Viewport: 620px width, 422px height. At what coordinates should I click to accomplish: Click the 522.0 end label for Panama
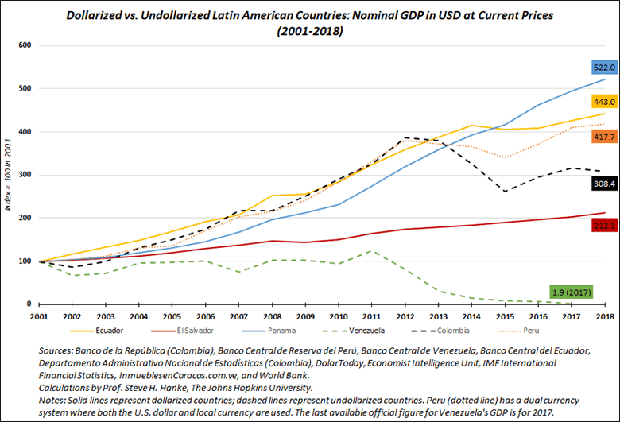603,68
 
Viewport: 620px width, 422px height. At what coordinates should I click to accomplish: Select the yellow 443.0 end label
603,102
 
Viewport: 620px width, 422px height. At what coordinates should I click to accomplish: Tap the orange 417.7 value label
603,137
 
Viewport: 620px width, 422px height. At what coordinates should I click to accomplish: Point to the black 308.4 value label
603,184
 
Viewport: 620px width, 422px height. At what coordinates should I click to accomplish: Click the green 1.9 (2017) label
572,292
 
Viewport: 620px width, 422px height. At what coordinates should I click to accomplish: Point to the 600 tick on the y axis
24,45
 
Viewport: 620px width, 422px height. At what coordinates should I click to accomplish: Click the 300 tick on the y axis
24,175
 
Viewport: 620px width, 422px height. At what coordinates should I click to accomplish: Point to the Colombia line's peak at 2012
406,137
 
